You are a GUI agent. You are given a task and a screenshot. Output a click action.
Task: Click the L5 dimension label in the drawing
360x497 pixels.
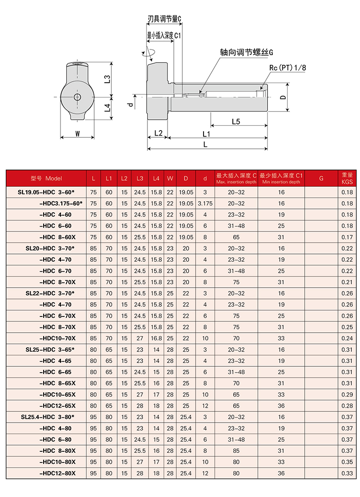pos(236,121)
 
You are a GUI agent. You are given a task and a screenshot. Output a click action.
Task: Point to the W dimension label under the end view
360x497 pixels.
pos(77,134)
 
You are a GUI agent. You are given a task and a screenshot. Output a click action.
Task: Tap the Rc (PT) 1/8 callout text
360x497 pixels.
pos(288,68)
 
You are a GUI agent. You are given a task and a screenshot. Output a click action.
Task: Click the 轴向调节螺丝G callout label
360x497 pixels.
pos(247,52)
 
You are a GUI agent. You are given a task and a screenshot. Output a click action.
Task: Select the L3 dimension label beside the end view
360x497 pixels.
pos(108,79)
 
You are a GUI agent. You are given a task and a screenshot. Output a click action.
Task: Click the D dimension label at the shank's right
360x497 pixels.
pos(283,97)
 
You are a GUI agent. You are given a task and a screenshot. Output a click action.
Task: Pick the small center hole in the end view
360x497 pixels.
pos(77,97)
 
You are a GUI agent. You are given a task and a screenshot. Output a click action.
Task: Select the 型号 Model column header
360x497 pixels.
pos(46,179)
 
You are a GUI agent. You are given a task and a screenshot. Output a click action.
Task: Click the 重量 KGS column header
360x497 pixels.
pos(347,178)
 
